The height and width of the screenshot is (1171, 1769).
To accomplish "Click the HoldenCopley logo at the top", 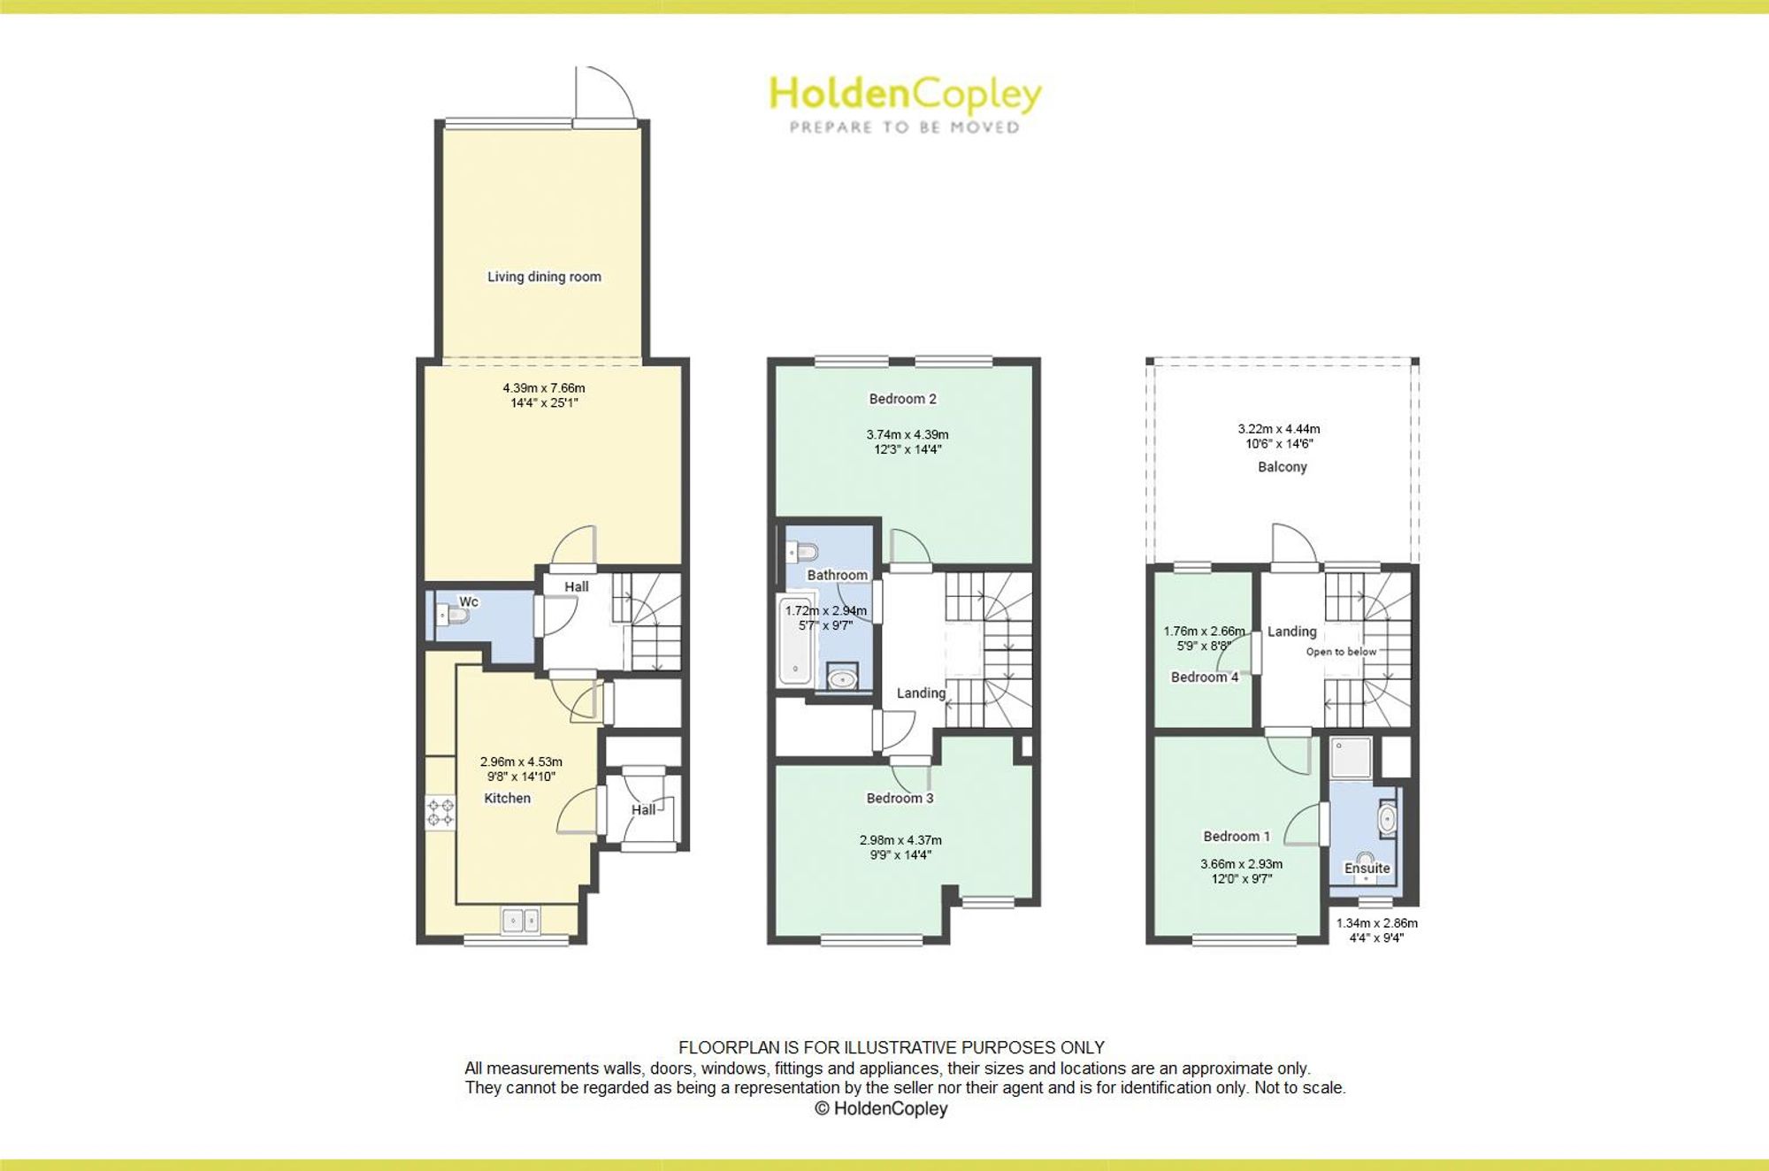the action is pos(905,104).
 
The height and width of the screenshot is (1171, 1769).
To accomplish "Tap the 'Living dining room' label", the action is pos(544,277).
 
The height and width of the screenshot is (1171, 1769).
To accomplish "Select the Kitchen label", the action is pos(508,798).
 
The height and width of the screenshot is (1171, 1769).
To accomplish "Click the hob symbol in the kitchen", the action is pos(440,813).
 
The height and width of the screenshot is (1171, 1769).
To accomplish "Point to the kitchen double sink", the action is pos(520,921).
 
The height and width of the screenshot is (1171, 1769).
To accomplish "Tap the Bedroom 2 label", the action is pos(902,399).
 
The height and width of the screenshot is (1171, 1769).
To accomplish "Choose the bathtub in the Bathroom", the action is pos(795,641).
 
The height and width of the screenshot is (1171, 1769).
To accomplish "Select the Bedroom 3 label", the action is pos(900,798).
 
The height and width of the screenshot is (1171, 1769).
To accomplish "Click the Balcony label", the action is pos(1282,467).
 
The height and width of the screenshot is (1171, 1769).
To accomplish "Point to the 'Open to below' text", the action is pos(1341,652).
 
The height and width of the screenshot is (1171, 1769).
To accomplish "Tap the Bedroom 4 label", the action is pos(1205,677).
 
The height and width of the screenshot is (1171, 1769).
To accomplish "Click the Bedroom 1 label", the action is pos(1237,836).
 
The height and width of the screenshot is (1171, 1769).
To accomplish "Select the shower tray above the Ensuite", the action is pos(1351,758).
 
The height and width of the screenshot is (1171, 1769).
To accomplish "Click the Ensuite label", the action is pos(1367,869).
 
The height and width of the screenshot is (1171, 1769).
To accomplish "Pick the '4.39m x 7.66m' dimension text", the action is pos(544,387).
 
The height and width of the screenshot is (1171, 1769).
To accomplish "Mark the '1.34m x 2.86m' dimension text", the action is pos(1376,923).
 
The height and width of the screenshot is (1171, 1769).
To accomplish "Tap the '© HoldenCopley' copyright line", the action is pos(881,1108).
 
